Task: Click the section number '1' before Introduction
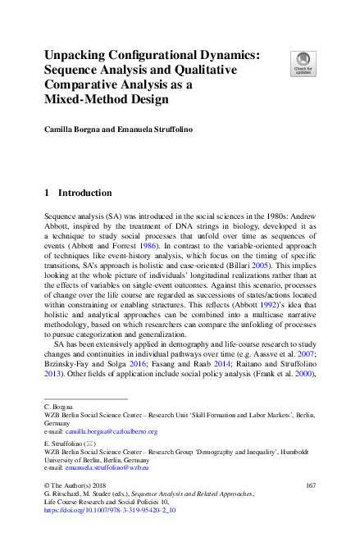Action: point(46,193)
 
